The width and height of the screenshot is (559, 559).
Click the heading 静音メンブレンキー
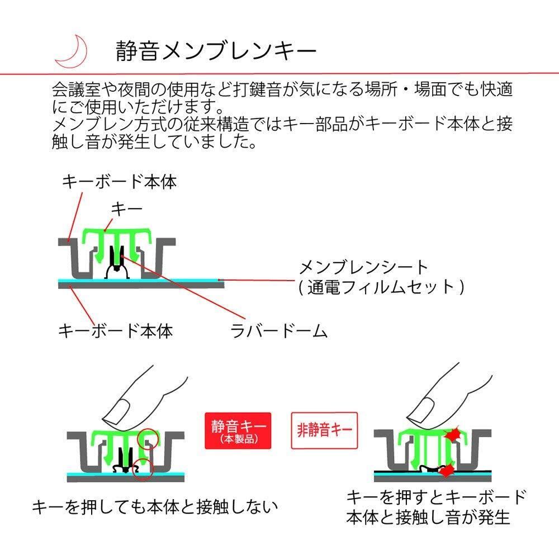[216, 51]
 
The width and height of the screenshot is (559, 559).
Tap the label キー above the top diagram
[127, 209]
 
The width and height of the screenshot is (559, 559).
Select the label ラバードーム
[279, 331]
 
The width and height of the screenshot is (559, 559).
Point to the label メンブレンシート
[363, 267]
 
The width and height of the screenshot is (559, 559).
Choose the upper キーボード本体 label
[119, 181]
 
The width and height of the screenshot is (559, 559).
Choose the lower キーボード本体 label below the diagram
[116, 330]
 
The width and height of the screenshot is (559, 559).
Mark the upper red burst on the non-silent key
[451, 434]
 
